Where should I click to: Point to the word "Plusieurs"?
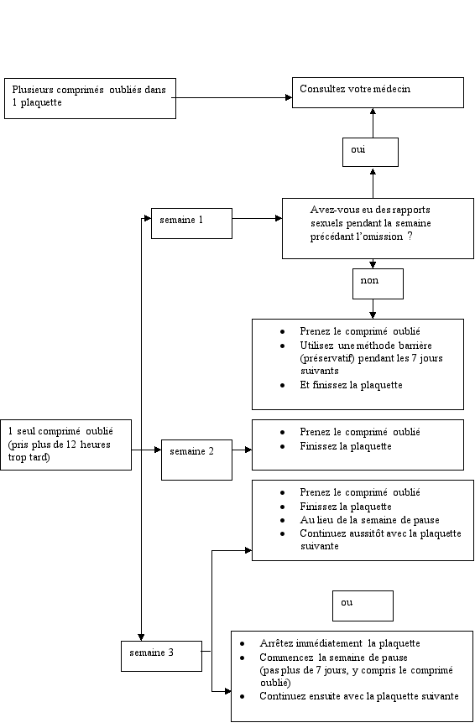click(33, 90)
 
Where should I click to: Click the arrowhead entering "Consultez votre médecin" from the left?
click(289, 97)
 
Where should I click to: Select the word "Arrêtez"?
click(276, 643)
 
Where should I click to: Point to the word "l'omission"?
click(380, 237)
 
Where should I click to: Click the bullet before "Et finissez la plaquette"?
click(282, 385)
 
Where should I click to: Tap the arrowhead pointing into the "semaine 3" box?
click(141, 637)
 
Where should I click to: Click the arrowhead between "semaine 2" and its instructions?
click(248, 450)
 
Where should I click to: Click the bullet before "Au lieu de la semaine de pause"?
click(282, 521)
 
